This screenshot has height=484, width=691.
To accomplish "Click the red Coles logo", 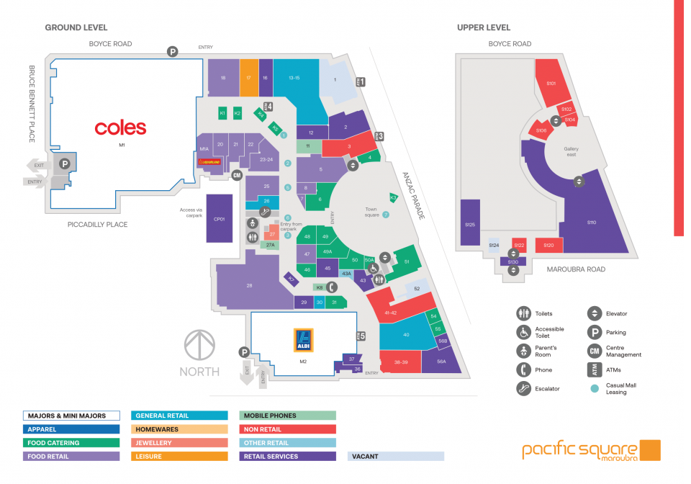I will (x=120, y=128).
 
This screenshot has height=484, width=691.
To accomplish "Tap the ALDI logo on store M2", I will (x=303, y=340).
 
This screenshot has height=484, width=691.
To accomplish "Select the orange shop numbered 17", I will (x=248, y=77).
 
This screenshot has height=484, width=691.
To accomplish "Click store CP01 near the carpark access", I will (x=220, y=218).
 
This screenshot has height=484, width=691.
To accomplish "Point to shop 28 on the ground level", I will (x=249, y=286).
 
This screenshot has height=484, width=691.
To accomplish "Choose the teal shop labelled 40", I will (x=405, y=335).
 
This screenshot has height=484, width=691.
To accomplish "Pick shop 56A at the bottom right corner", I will (x=441, y=362).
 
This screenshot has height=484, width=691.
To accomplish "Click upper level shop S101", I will (x=551, y=83).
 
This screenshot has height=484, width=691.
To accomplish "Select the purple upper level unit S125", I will (x=470, y=225).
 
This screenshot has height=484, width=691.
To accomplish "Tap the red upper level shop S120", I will (x=548, y=245).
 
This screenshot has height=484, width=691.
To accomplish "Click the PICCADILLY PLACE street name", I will (x=97, y=225).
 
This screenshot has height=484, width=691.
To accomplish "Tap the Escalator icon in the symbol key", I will (x=523, y=388).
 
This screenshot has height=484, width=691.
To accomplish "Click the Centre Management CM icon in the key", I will (x=594, y=351).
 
